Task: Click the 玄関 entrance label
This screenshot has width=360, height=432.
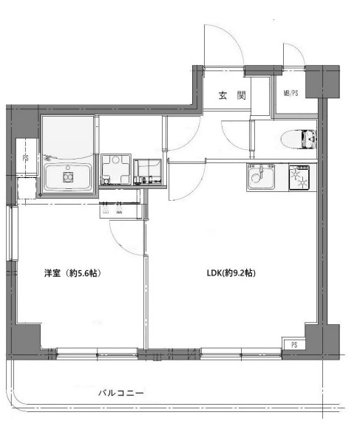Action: coord(226,95)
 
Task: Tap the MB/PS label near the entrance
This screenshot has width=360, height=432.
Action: coord(291,94)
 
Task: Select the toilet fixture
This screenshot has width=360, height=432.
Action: coord(301,138)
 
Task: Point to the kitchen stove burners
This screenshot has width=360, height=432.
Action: coord(301,177)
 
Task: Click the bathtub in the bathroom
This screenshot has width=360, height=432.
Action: coord(69,177)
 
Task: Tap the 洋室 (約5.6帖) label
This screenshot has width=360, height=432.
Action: coord(72,273)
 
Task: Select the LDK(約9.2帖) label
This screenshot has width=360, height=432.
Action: coord(231,273)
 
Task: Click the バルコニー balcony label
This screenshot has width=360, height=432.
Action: coord(121,393)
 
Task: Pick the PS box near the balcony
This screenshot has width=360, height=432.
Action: coord(293,345)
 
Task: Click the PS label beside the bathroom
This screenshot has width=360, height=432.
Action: coord(25,159)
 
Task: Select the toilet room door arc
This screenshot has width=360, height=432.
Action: coord(235,134)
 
